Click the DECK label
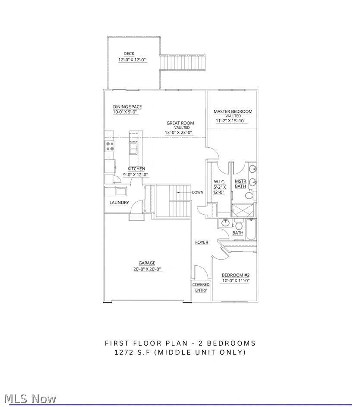coord(129,54)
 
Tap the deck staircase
coord(183,62)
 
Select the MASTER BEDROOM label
coord(233,111)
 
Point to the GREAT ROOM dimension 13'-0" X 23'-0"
coord(178,133)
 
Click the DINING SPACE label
coord(127,107)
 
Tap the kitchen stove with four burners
coord(110,146)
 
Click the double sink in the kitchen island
coord(133,148)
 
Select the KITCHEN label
coord(136,169)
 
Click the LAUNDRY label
coord(119,203)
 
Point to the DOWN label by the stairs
coord(198,192)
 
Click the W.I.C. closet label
coord(219,182)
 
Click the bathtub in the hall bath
coord(251,229)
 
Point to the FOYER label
coord(202,242)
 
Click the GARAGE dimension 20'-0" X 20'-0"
coord(147,269)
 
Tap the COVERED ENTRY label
coord(201,287)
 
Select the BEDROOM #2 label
coord(236,275)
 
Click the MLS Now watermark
coord(30,398)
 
